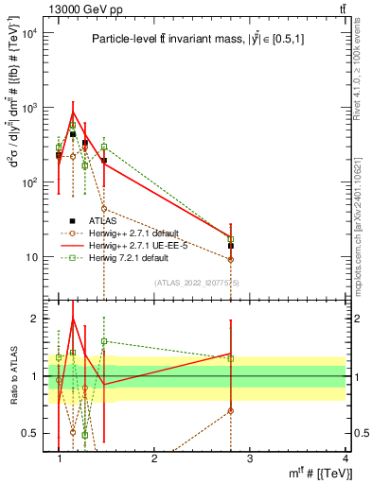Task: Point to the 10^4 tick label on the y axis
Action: tap(27, 34)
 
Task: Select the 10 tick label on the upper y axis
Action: tap(31, 256)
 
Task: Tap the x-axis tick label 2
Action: tap(155, 458)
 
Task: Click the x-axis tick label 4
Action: tap(345, 458)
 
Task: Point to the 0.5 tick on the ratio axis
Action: tap(31, 433)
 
